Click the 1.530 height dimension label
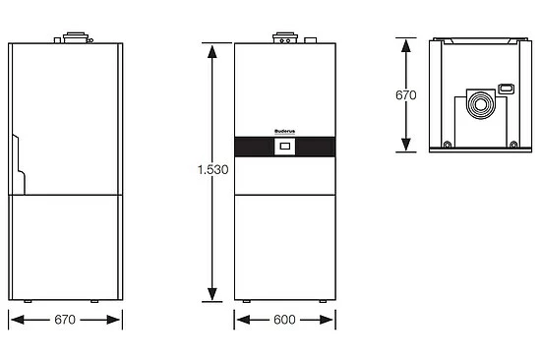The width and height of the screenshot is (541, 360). point(211,169)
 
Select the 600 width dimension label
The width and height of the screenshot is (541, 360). point(284,321)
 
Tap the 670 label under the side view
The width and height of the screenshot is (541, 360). point(66,321)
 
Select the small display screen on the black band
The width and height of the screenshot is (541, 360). point(284,150)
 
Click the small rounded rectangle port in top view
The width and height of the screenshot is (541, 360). point(507,89)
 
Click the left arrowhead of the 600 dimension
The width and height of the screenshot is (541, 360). point(240,321)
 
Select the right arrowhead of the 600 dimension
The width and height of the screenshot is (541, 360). point(330,321)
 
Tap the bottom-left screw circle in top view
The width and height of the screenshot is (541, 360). point(448,146)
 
